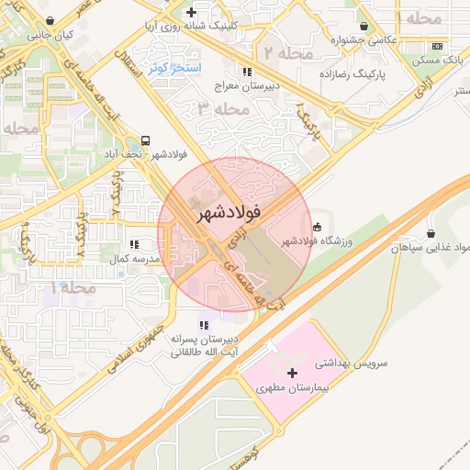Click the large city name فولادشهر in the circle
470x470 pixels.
(x=229, y=212)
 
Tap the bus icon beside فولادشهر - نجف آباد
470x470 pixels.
(x=146, y=142)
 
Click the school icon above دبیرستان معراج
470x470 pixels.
(x=246, y=71)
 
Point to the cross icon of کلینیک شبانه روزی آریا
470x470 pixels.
(x=190, y=13)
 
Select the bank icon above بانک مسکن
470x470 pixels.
(x=438, y=46)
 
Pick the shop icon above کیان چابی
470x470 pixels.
(x=50, y=19)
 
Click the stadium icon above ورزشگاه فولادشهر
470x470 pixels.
(x=318, y=226)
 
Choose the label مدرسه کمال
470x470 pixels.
(x=135, y=260)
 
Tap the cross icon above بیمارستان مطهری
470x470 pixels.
(x=293, y=373)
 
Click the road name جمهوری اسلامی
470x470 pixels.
(x=142, y=338)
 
